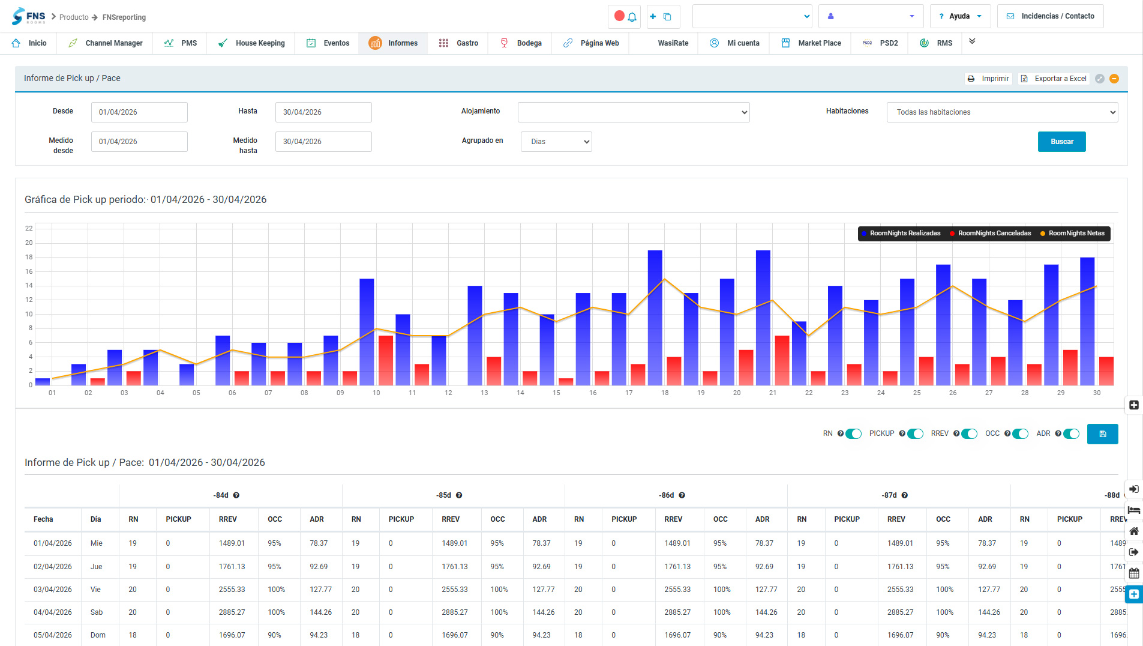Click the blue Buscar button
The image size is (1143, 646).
pyautogui.click(x=1061, y=142)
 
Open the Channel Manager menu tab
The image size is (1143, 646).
pyautogui.click(x=106, y=43)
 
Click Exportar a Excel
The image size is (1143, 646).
pyautogui.click(x=1054, y=79)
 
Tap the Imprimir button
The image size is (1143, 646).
pyautogui.click(x=988, y=79)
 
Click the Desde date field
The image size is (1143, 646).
pyautogui.click(x=139, y=112)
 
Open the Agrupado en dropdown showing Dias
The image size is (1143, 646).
pyautogui.click(x=556, y=142)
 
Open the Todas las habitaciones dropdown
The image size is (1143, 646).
pyautogui.click(x=1002, y=112)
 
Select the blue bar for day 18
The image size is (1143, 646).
pyautogui.click(x=655, y=318)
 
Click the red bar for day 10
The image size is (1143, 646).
pyautogui.click(x=386, y=360)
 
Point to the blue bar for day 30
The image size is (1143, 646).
pyautogui.click(x=1087, y=321)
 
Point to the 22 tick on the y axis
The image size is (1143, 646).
pyautogui.click(x=29, y=229)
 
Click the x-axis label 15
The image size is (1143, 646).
pyautogui.click(x=556, y=393)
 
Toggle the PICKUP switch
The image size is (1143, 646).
pyautogui.click(x=915, y=434)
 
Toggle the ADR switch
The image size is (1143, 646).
pyautogui.click(x=1071, y=434)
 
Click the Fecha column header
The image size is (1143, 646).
pyautogui.click(x=43, y=519)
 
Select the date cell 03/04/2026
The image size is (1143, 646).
pyautogui.click(x=53, y=590)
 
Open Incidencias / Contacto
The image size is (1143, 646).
pyautogui.click(x=1050, y=16)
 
